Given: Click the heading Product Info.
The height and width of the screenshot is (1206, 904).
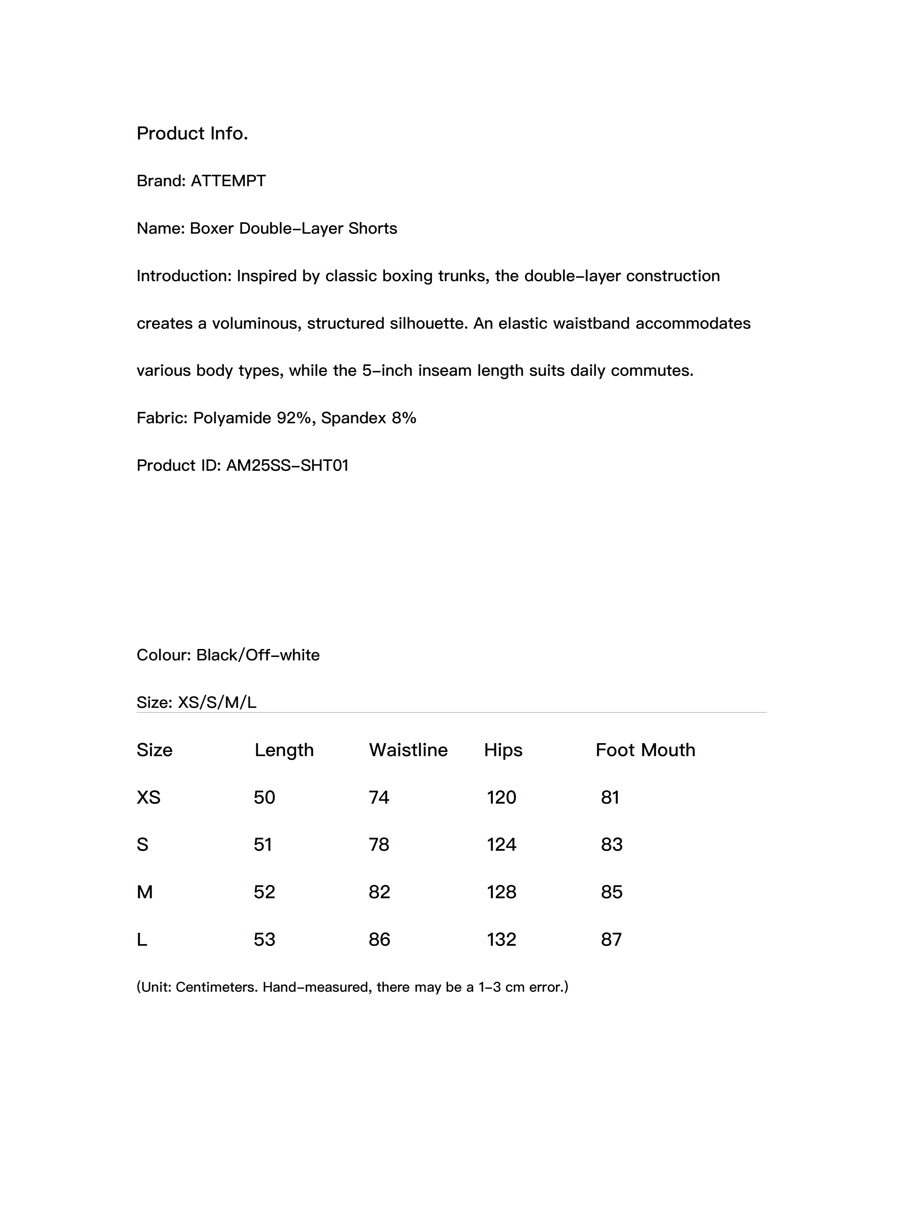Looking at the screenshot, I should (192, 133).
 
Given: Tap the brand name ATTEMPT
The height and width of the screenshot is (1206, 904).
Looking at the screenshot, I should (228, 180).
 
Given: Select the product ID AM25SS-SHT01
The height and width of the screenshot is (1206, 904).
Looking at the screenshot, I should (287, 465).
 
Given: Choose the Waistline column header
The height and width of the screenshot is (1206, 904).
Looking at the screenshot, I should (408, 750).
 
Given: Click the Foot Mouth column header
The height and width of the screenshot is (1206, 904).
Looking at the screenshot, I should (645, 750).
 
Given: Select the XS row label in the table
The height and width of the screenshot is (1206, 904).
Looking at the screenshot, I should (148, 797).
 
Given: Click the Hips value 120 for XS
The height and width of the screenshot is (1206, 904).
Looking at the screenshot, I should (501, 797).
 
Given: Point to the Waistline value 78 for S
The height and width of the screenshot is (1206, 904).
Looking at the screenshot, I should (379, 845).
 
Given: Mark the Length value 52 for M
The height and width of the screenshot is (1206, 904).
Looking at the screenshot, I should (264, 892).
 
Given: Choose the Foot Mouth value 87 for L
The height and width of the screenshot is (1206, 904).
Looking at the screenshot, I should (611, 939).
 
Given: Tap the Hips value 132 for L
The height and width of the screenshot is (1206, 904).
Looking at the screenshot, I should (501, 939).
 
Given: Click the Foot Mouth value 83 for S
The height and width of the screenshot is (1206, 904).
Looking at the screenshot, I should (611, 845).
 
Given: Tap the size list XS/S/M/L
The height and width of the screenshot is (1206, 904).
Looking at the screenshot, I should (217, 702).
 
